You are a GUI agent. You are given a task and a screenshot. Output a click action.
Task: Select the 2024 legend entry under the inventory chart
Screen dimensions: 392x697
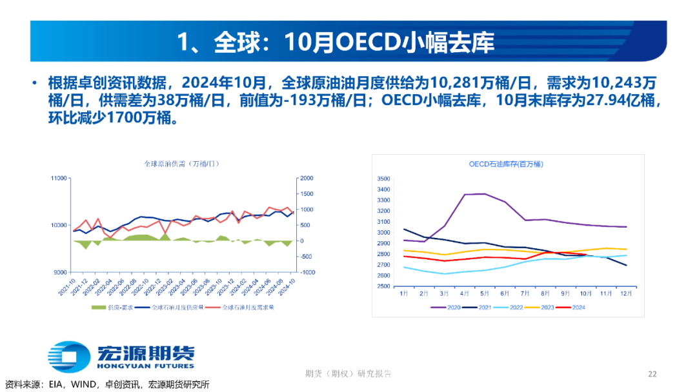pyautogui.click(x=573, y=307)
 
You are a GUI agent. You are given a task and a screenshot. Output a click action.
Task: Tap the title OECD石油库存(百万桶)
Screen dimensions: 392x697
pyautogui.click(x=506, y=164)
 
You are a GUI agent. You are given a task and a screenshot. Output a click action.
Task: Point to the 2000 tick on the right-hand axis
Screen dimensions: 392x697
pyautogui.click(x=306, y=178)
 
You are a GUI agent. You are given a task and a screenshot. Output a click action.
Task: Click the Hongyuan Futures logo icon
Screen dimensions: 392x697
pyautogui.click(x=68, y=357)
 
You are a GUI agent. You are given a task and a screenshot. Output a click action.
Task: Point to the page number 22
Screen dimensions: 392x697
pyautogui.click(x=652, y=374)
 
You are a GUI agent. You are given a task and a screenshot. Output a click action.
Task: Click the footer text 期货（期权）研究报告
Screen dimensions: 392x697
pyautogui.click(x=348, y=374)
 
